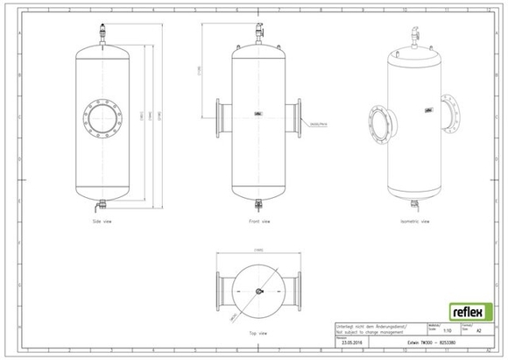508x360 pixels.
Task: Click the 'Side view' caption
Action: click(x=102, y=222)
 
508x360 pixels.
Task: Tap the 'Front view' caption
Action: click(x=258, y=222)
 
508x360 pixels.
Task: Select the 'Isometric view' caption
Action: click(x=415, y=222)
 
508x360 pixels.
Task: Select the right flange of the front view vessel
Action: click(x=300, y=115)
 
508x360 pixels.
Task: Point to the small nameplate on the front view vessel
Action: click(x=258, y=113)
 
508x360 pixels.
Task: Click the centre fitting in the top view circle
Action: click(x=258, y=291)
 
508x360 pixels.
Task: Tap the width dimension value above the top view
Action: click(x=258, y=251)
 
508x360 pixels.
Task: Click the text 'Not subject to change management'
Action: click(x=363, y=330)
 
